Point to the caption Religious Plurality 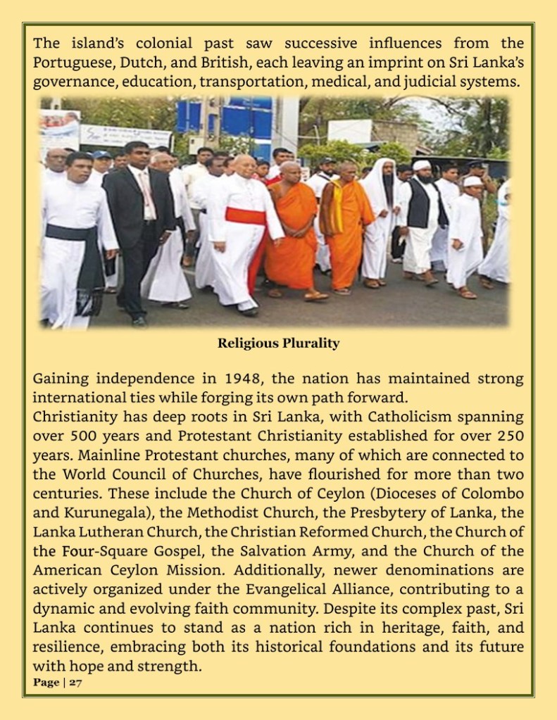tap(278, 343)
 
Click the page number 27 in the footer tap(75, 683)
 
